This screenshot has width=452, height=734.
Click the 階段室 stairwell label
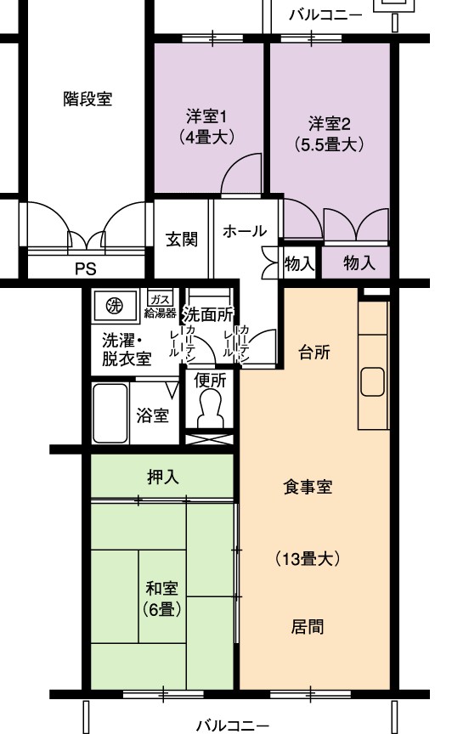tap(88, 99)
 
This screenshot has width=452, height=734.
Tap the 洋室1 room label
tap(206, 116)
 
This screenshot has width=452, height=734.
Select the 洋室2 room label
tap(330, 123)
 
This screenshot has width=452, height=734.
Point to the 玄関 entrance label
tap(182, 240)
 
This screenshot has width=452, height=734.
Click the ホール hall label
tap(245, 231)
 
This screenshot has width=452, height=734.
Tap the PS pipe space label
tap(86, 268)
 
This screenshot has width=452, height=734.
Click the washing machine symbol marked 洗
tap(115, 306)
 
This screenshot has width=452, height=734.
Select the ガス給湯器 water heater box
tap(161, 305)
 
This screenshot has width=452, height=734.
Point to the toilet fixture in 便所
tap(209, 409)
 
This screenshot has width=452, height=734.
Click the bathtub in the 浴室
tap(110, 414)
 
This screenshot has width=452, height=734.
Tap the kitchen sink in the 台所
tap(372, 382)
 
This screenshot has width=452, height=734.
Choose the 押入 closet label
tap(162, 477)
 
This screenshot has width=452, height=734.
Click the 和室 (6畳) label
tap(162, 599)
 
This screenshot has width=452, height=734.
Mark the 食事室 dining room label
tap(308, 487)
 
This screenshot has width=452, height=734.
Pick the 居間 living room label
tap(308, 626)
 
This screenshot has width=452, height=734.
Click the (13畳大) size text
tap(308, 558)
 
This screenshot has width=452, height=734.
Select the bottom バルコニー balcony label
tap(232, 726)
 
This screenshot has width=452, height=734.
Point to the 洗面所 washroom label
tap(208, 314)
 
